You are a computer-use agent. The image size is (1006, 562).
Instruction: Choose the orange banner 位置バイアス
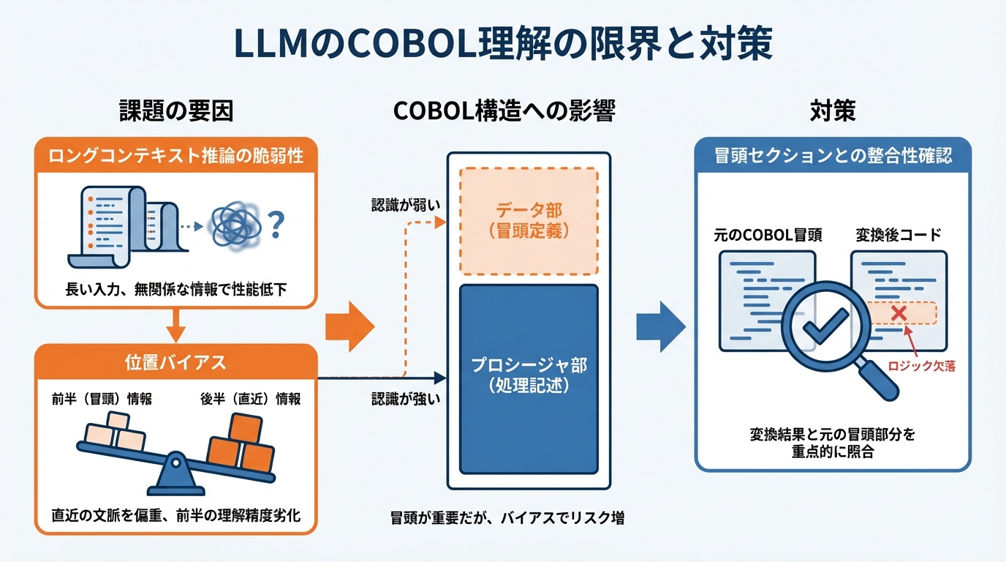[176, 362]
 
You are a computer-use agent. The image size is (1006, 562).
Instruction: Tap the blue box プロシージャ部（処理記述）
[529, 377]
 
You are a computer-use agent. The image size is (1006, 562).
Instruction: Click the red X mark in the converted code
[899, 313]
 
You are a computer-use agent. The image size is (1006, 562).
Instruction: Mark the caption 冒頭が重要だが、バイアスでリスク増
[507, 518]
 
